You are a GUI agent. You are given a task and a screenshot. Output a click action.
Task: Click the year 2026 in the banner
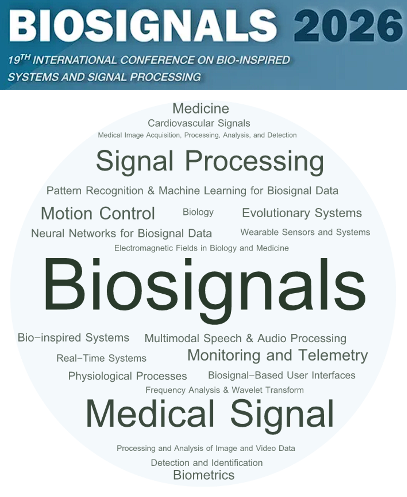click(x=348, y=26)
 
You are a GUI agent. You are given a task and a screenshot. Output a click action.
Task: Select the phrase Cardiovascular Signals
click(x=199, y=123)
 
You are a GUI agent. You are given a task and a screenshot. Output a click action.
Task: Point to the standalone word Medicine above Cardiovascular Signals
click(x=201, y=109)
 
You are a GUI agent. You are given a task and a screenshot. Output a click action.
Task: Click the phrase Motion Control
click(x=98, y=213)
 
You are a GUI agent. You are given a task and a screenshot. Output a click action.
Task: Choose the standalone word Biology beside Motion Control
click(x=198, y=212)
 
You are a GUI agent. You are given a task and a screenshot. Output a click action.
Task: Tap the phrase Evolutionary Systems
click(x=302, y=213)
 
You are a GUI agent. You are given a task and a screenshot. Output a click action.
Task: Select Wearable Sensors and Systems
click(x=305, y=232)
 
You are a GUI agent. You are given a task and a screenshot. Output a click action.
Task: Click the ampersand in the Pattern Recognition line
click(x=151, y=191)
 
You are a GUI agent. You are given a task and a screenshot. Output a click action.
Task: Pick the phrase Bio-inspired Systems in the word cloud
click(x=73, y=338)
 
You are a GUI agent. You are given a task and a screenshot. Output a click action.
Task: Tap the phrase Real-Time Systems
click(x=101, y=358)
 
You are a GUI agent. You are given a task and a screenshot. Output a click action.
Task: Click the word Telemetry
click(x=333, y=356)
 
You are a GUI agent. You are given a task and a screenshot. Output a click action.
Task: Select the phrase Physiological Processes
click(x=128, y=376)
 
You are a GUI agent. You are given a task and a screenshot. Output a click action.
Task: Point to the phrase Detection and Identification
click(x=207, y=463)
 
